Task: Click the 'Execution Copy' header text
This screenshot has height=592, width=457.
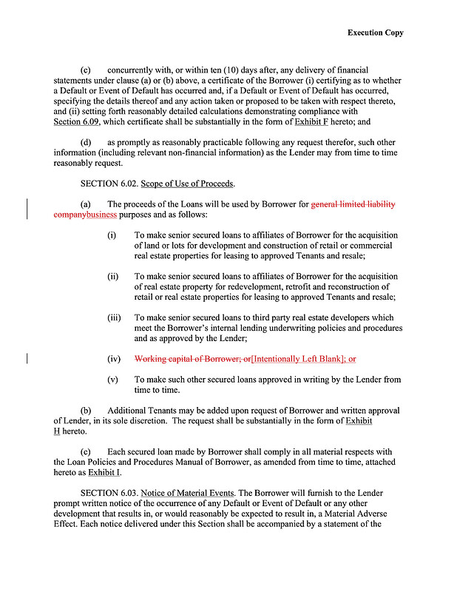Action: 375,33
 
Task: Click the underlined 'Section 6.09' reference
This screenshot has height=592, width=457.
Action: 78,121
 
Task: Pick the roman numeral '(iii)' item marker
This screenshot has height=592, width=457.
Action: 114,317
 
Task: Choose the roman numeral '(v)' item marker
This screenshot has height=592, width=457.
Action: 113,380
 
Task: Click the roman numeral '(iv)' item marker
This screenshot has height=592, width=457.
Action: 113,359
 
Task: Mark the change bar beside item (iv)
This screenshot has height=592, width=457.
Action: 27,359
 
